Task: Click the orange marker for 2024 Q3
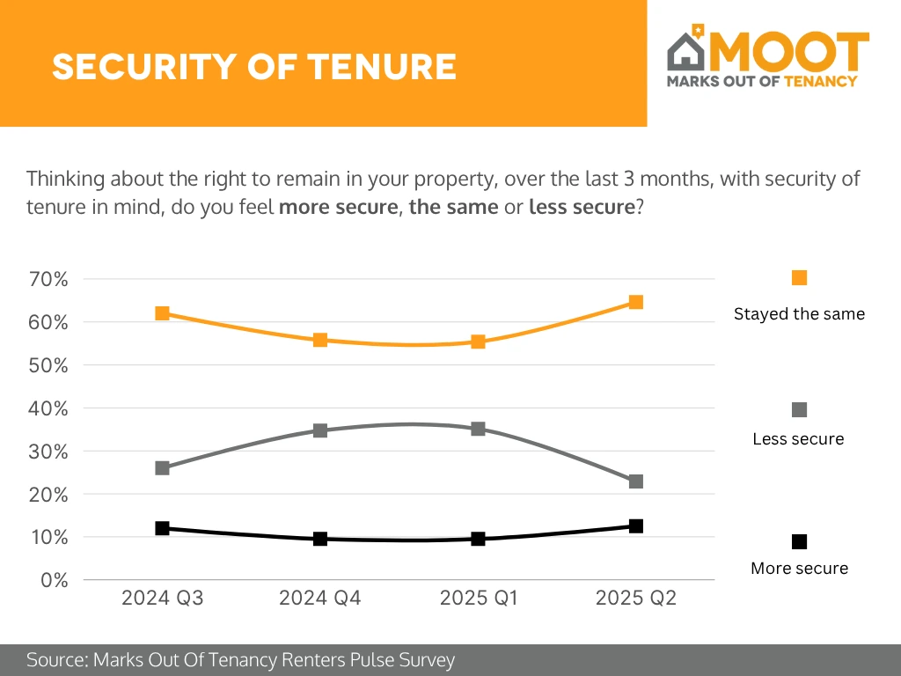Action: coord(162,313)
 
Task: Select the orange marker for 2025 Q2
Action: coord(636,302)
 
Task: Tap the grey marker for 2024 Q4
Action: coord(320,430)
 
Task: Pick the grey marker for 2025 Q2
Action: coord(636,481)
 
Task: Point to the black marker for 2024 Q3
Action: coord(162,528)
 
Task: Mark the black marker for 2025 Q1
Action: coord(478,539)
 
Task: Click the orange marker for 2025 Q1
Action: coord(478,342)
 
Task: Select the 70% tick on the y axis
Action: coord(49,279)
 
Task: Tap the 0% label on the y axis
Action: coord(55,580)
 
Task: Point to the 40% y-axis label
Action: coord(49,408)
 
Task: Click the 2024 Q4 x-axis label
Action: coord(320,599)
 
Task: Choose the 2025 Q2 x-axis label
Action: coord(636,599)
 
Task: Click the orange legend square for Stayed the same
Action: coord(799,278)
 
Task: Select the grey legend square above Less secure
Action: coord(799,410)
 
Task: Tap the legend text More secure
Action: coord(799,569)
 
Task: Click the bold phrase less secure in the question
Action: coord(581,208)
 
